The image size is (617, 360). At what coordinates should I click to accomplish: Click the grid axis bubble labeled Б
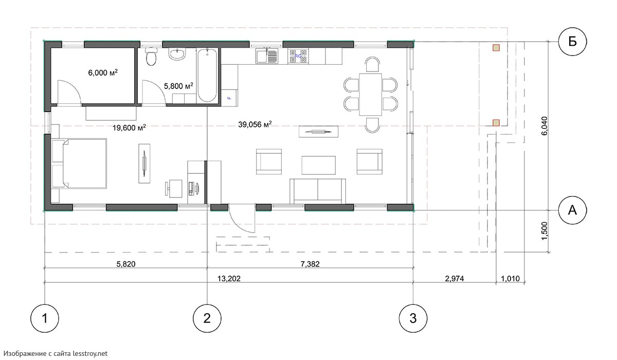pos(572,42)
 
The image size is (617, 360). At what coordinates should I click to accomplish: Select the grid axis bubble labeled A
pos(572,210)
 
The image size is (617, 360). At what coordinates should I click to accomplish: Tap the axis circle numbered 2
pos(207,318)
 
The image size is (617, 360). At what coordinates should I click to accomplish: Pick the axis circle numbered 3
pos(413,318)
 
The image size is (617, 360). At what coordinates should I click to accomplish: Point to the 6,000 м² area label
pos(103,73)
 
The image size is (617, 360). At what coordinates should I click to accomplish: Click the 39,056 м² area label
pos(255,124)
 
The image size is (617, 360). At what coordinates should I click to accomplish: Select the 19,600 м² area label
pos(129,128)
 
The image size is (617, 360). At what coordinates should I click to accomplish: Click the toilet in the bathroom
pos(151,57)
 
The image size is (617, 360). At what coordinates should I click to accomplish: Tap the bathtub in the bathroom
pos(207,76)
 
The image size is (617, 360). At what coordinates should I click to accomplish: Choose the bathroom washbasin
pos(177,53)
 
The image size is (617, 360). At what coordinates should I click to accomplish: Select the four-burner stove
pos(298,56)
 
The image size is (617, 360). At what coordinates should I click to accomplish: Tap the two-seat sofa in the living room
pos(318,191)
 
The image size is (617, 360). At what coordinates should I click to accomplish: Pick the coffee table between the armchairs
pos(318,165)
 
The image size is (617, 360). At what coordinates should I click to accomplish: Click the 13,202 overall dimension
pos(229,279)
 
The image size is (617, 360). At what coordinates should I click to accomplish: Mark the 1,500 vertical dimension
pos(545,231)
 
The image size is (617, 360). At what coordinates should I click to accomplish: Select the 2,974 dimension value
pos(454,279)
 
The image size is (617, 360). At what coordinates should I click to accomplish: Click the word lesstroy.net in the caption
pos(90,353)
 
